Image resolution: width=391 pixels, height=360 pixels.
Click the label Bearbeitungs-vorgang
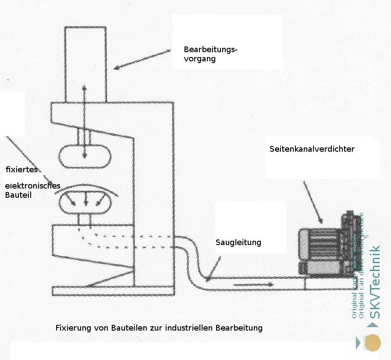(x=210, y=54)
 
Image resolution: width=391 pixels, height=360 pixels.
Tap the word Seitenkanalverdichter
(x=312, y=149)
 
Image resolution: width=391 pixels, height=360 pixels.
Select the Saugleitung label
(x=238, y=242)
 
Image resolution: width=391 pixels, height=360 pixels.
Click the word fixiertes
(x=21, y=170)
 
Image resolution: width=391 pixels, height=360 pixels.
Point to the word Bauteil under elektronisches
(x=18, y=195)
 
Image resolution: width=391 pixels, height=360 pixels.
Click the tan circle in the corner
(x=373, y=343)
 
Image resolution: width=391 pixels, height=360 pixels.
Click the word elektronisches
(x=32, y=186)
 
